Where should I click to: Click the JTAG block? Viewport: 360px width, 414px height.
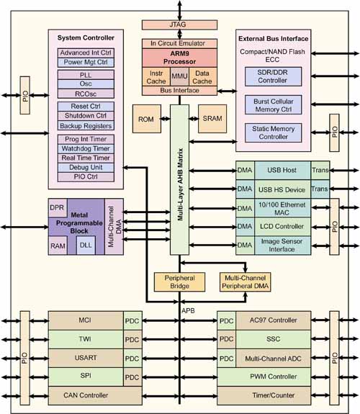[x=179, y=24]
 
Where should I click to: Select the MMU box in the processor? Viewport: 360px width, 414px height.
[x=179, y=76]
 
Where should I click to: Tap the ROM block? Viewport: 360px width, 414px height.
[x=147, y=119]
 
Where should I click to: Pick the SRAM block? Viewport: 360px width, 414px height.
[x=212, y=119]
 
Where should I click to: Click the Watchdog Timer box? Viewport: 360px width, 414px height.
[x=86, y=148]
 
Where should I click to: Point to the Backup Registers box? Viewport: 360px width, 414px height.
[x=86, y=126]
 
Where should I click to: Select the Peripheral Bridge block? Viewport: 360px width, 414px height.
[x=179, y=282]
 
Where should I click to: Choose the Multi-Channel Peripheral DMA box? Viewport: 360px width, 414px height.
[x=245, y=282]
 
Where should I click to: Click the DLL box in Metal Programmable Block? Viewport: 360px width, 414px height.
[x=86, y=246]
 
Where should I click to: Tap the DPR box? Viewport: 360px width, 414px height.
[x=58, y=208]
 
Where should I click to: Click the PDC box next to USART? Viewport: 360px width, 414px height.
[x=132, y=359]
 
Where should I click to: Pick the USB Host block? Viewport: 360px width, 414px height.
[x=282, y=171]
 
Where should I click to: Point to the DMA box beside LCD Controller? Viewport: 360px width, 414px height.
[x=245, y=227]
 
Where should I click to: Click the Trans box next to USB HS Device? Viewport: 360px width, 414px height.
[x=320, y=189]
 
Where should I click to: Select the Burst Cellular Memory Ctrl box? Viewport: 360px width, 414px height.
[x=274, y=105]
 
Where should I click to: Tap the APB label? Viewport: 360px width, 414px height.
[x=188, y=311]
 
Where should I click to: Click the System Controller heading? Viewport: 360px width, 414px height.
[x=86, y=37]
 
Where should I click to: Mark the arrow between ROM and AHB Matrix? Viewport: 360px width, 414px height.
[x=166, y=119]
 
